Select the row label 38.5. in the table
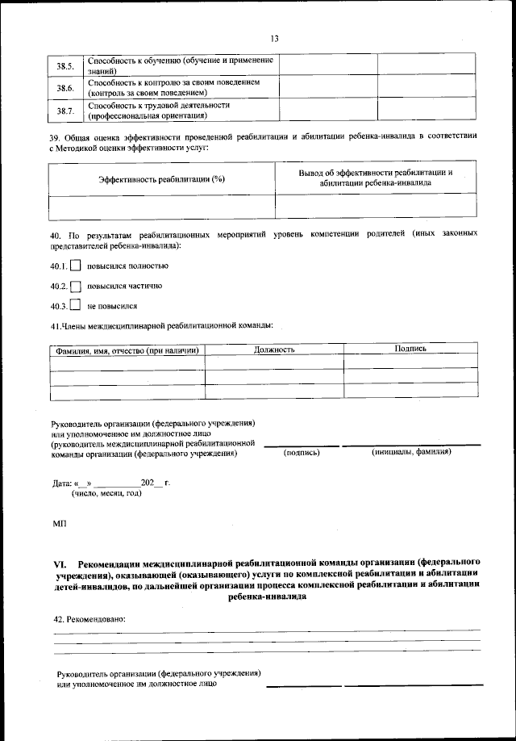pyautogui.click(x=65, y=66)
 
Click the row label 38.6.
pyautogui.click(x=65, y=87)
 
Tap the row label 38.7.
pyautogui.click(x=65, y=110)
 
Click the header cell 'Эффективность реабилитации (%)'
pyautogui.click(x=160, y=178)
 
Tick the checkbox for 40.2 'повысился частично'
pyautogui.click(x=76, y=286)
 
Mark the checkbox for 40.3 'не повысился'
pyautogui.click(x=76, y=306)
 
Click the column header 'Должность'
pyautogui.click(x=274, y=350)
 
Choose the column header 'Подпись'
pyautogui.click(x=410, y=348)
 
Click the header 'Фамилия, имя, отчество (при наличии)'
pyautogui.click(x=127, y=350)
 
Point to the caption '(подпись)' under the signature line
pyautogui.click(x=302, y=453)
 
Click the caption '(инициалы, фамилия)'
pyautogui.click(x=411, y=452)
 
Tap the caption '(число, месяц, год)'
pyautogui.click(x=106, y=492)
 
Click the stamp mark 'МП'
pyautogui.click(x=59, y=524)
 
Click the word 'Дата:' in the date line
pyautogui.click(x=62, y=483)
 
